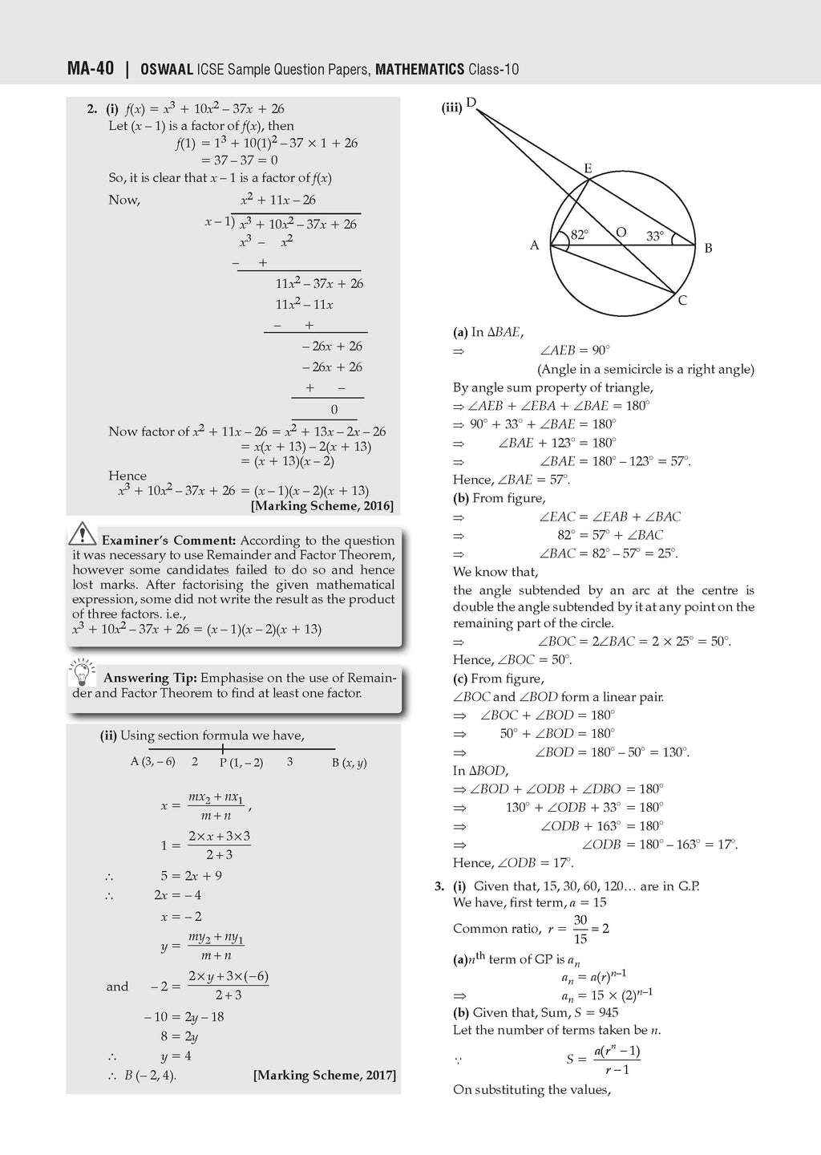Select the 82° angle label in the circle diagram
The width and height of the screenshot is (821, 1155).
579,235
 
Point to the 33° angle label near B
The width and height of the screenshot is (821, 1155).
655,236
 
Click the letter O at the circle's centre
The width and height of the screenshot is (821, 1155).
621,233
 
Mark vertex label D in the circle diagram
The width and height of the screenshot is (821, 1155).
471,102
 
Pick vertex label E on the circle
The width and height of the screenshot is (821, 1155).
588,168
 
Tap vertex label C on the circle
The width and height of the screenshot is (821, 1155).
682,301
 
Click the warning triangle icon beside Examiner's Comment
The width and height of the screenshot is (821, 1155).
83,533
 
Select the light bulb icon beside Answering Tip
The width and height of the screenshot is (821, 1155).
82,671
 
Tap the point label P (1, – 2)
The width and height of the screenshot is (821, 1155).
241,763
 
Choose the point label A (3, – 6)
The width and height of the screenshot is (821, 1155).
153,761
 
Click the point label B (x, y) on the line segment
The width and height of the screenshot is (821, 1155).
350,763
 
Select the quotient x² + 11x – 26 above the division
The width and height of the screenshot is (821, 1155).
278,200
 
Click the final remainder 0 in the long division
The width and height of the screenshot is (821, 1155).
334,409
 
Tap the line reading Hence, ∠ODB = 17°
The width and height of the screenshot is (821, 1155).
513,863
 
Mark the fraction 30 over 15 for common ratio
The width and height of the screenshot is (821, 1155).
580,929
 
